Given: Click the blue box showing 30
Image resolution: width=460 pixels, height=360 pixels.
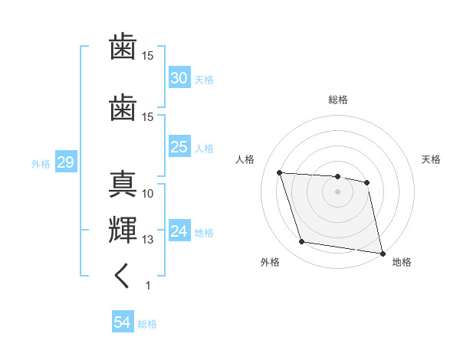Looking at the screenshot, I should point(179,78).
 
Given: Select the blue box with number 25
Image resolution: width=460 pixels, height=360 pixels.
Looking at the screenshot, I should point(179,147).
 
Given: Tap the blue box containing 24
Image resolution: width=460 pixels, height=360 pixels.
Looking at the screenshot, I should point(179,231).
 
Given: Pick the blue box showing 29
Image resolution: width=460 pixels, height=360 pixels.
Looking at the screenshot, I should point(65,162).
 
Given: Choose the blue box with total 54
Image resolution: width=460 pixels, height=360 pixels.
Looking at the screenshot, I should point(123,322).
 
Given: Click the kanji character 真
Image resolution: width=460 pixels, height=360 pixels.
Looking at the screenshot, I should point(123,185).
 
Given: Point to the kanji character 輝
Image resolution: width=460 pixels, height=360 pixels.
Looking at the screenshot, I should point(123,230).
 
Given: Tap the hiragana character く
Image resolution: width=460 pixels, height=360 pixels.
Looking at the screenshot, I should point(122,276).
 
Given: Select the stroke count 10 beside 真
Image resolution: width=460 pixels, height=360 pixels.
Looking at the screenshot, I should point(148,194).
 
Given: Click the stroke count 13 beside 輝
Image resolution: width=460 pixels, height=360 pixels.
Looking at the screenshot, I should point(148,240).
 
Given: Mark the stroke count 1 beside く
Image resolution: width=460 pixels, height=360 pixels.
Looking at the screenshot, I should point(148,286).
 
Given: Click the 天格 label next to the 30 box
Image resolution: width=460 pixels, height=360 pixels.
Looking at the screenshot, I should point(204,80).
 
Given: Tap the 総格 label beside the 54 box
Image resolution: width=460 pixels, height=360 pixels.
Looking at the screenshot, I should point(147,324).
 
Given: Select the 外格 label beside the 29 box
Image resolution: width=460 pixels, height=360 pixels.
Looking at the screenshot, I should point(41,163).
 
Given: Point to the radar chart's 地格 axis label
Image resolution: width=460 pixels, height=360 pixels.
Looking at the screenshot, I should point(402,263).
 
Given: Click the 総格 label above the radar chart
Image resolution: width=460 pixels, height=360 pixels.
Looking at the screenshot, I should point(337,100).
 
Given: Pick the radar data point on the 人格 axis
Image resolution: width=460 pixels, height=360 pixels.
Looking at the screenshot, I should point(280,172).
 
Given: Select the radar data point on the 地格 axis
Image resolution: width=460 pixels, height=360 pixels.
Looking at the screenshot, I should point(381,253).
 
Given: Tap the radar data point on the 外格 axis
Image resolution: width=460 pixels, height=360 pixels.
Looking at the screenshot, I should point(302,242).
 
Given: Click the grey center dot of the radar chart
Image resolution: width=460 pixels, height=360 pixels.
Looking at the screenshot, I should point(337,191).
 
